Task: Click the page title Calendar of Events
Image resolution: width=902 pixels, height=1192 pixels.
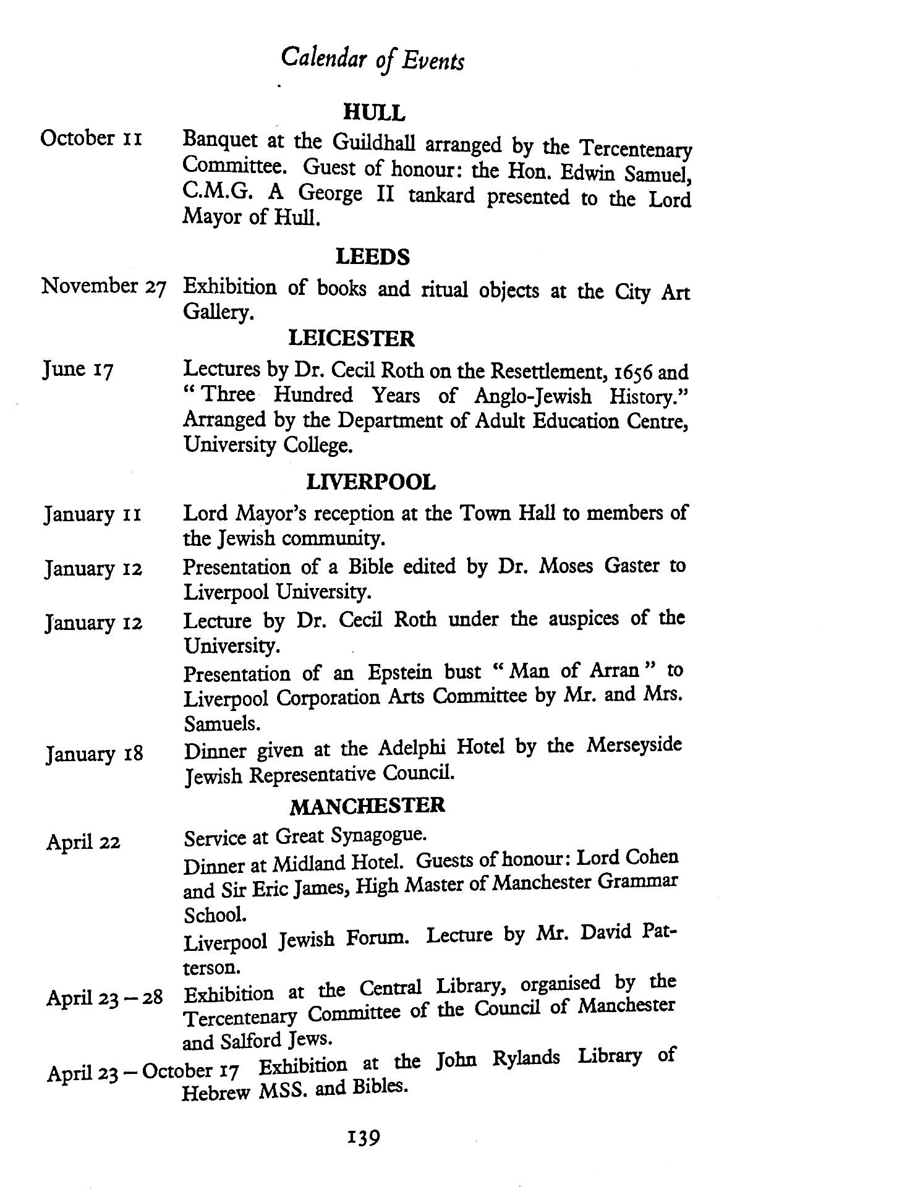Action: coord(372,59)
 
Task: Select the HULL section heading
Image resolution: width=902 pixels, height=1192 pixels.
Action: coord(374,113)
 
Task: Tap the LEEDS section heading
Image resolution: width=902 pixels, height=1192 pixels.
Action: coord(372,257)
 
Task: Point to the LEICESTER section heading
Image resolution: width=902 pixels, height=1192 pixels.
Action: coord(351,338)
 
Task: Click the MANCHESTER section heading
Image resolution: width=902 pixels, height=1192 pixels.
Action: coord(367,806)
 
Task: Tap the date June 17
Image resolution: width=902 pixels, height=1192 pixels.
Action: coord(78,370)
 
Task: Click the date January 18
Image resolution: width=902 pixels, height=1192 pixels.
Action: coord(94,754)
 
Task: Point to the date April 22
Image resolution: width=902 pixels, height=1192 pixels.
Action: coord(83,842)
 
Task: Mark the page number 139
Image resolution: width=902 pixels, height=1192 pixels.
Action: coord(364,1137)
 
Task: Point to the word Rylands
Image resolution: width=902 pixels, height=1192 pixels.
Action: coord(525,1058)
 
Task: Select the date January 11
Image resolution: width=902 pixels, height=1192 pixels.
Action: coord(93,514)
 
